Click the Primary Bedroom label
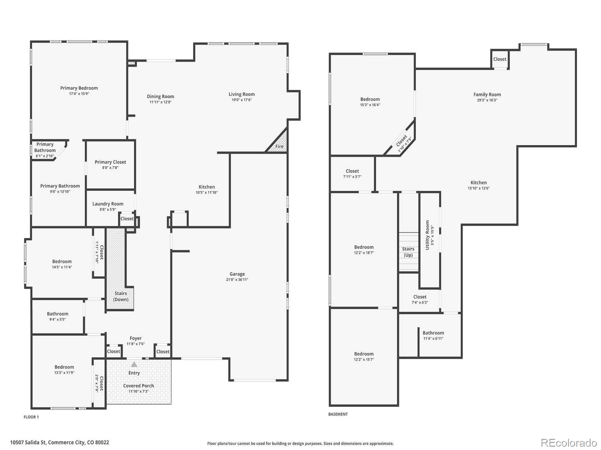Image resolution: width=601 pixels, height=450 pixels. [79, 88]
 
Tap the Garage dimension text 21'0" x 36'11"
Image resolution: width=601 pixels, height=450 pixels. [237, 279]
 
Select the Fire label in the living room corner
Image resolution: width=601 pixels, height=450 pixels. [279, 147]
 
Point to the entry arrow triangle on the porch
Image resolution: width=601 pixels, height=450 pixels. [134, 364]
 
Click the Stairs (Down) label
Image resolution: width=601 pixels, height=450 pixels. [121, 296]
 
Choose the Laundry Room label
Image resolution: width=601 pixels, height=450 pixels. [107, 204]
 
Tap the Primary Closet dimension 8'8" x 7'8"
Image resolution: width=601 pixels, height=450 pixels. [110, 168]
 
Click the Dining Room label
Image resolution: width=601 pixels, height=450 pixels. [160, 96]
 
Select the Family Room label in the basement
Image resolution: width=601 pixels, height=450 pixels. [487, 94]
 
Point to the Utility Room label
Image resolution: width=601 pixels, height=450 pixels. [427, 235]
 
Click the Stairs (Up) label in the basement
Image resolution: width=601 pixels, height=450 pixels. [408, 252]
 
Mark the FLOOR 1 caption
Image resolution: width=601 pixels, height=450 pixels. [31, 417]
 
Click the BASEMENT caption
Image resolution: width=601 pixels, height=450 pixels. [338, 414]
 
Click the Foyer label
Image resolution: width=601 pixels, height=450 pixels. [136, 338]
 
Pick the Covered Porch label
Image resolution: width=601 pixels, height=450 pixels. [138, 386]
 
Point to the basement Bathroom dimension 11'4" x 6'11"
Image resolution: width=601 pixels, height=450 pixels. [433, 339]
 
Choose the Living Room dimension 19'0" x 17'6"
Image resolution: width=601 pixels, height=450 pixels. [242, 100]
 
